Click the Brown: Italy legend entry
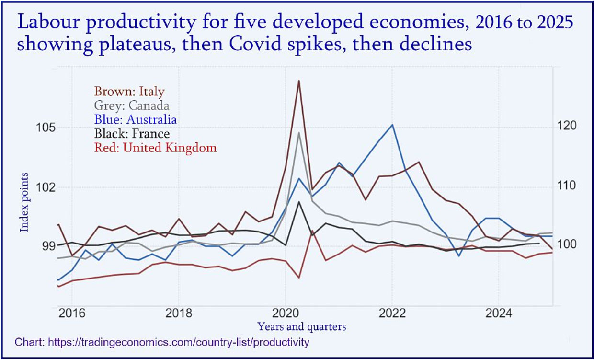[x=129, y=91]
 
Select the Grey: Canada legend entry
[x=132, y=105]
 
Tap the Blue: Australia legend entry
[x=136, y=119]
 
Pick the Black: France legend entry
[x=132, y=133]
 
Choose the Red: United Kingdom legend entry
[x=155, y=147]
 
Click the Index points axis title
[x=24, y=202]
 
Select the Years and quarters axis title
[x=301, y=327]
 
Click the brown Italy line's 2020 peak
[x=299, y=81]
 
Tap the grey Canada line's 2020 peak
[x=299, y=133]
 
